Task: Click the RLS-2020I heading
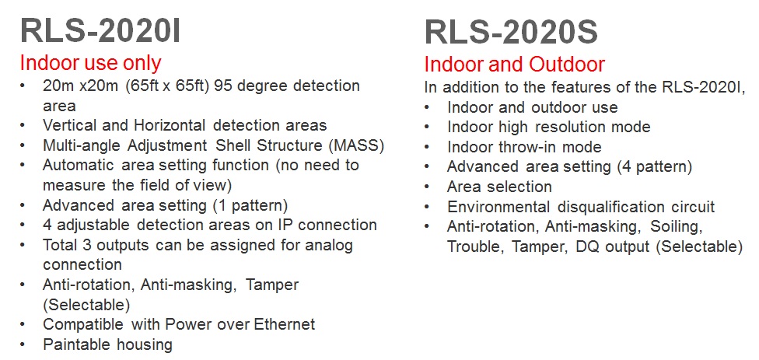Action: [100, 30]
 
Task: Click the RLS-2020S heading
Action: [511, 33]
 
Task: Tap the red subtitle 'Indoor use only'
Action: [90, 64]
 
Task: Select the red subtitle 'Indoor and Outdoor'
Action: [515, 65]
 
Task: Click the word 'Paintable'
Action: [76, 344]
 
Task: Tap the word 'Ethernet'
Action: [285, 324]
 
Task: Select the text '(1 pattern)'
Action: [250, 205]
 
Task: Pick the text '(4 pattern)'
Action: [654, 167]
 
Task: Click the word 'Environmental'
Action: [498, 207]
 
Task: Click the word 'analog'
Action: [329, 246]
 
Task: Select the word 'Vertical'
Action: [70, 125]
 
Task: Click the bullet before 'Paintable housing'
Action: [23, 345]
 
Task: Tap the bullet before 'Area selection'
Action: [427, 187]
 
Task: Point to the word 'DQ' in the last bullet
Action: [586, 246]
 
